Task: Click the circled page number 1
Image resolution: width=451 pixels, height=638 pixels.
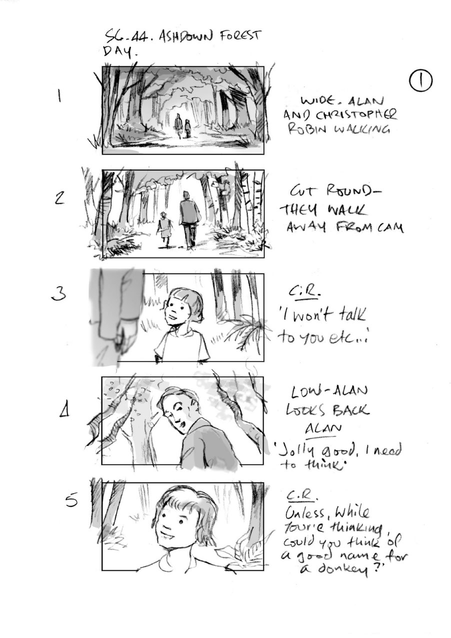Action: tap(420, 80)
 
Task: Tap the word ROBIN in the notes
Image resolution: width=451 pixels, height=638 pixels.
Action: tap(305, 131)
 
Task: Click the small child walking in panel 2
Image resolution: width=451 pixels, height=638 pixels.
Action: tap(163, 226)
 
